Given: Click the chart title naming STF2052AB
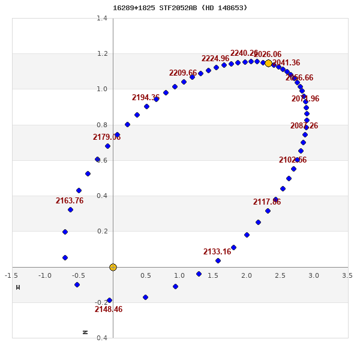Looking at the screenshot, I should (180, 8).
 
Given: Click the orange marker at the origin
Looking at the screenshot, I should (113, 267).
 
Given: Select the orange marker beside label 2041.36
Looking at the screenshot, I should (268, 63).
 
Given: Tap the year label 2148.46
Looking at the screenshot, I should (109, 310).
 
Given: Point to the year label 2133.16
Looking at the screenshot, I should (217, 252).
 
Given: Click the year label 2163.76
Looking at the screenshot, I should (70, 201).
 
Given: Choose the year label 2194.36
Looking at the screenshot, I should (146, 98).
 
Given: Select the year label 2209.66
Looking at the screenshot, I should (183, 73).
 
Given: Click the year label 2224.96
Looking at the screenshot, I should (215, 59).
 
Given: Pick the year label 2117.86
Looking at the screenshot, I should (267, 202).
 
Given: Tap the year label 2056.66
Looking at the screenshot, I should (299, 78).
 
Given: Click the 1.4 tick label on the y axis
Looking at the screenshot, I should (102, 18).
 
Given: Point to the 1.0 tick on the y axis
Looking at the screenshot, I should (102, 89).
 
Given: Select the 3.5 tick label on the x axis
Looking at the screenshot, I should (347, 275).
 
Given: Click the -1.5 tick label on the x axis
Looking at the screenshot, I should (11, 275).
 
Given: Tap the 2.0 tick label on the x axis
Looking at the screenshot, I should (247, 275).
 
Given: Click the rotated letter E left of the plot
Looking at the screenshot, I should (18, 287).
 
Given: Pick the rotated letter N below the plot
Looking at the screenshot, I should (85, 332).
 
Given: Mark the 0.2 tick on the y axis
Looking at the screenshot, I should (102, 231).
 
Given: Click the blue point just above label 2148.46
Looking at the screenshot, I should (109, 300).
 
